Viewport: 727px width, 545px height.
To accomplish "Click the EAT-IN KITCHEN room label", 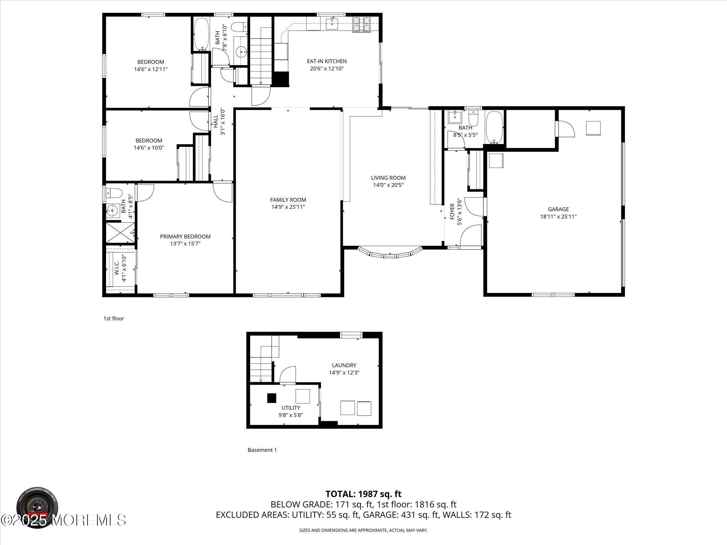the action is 326,61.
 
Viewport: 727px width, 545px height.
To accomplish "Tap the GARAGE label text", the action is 558,209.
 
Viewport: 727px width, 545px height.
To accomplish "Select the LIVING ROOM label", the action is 388,178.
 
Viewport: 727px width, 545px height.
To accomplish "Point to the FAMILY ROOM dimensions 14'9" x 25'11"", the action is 288,207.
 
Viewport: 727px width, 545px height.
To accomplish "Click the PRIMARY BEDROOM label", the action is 185,236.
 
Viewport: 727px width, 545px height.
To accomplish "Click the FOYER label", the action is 452,211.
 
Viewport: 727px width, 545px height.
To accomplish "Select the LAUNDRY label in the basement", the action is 344,365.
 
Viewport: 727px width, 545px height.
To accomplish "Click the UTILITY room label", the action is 291,408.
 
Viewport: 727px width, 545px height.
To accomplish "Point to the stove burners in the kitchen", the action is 362,24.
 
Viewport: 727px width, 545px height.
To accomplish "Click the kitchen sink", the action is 331,23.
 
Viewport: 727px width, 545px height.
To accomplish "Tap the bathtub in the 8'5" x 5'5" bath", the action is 494,127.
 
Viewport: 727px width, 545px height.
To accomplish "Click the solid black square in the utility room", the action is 272,398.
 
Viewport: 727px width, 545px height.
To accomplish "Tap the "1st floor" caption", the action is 114,318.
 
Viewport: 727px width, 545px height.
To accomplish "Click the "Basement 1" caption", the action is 262,450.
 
